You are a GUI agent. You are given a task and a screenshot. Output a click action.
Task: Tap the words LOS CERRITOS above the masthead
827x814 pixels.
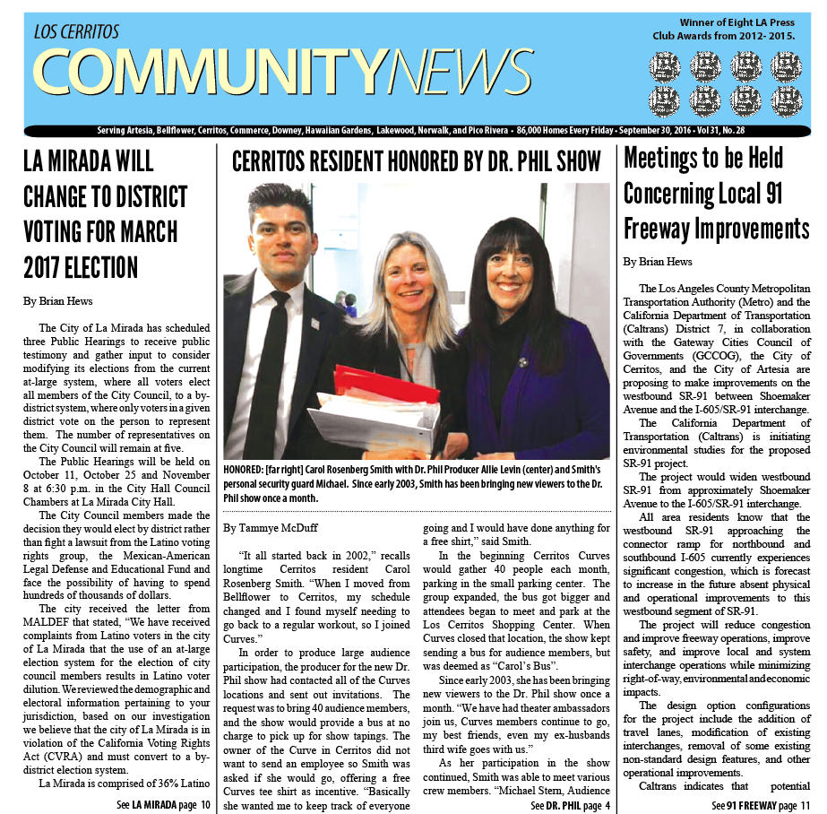click(76, 32)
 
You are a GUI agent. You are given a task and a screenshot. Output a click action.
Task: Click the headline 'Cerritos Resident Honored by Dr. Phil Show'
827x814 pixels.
click(416, 162)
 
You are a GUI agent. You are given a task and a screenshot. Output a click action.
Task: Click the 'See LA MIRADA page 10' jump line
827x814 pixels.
click(163, 805)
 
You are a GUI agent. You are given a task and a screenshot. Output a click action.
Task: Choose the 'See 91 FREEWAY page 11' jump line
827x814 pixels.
click(761, 805)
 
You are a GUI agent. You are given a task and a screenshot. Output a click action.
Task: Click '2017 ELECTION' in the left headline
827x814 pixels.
click(81, 266)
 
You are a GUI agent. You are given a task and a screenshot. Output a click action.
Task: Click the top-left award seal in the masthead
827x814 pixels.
click(666, 65)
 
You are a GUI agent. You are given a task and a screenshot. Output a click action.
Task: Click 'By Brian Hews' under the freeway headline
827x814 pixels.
click(658, 262)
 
